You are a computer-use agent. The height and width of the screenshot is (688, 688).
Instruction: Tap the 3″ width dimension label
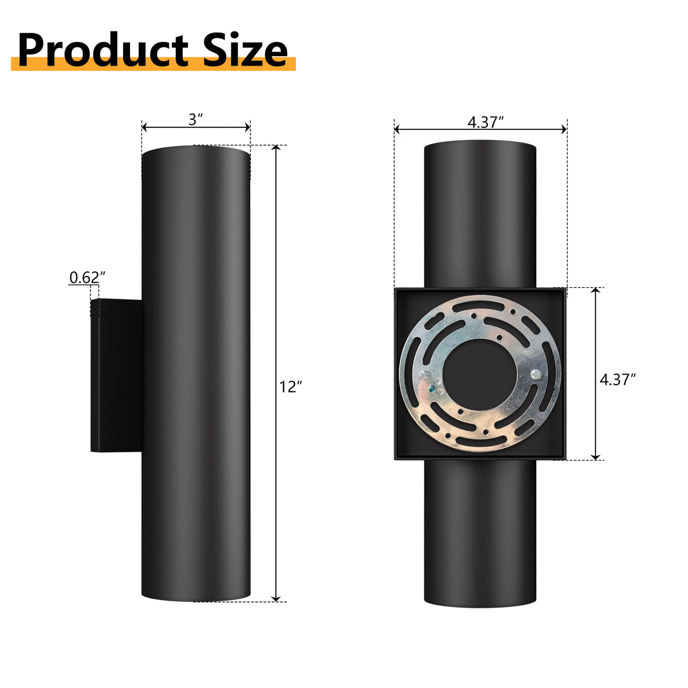pyautogui.click(x=196, y=118)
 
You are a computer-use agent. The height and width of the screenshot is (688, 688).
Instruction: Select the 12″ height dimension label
pyautogui.click(x=290, y=386)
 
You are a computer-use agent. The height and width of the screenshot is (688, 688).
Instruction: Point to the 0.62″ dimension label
pyautogui.click(x=87, y=277)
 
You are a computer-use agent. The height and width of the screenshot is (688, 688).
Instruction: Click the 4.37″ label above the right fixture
pyautogui.click(x=485, y=121)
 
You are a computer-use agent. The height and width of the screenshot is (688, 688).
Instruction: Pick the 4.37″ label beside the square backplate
pyautogui.click(x=618, y=380)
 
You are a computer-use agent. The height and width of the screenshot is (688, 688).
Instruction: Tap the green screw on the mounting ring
pyautogui.click(x=433, y=387)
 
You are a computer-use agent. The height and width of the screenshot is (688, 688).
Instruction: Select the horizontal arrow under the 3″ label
pyautogui.click(x=196, y=128)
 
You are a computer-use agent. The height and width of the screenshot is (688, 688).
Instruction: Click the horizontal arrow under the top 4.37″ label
pyautogui.click(x=480, y=129)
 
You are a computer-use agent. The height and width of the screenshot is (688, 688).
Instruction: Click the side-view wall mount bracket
pyautogui.click(x=117, y=375)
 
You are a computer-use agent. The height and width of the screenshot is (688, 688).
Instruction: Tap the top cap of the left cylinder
pyautogui.click(x=196, y=152)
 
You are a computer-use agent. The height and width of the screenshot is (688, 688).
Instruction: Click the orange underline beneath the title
pyautogui.click(x=153, y=64)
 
